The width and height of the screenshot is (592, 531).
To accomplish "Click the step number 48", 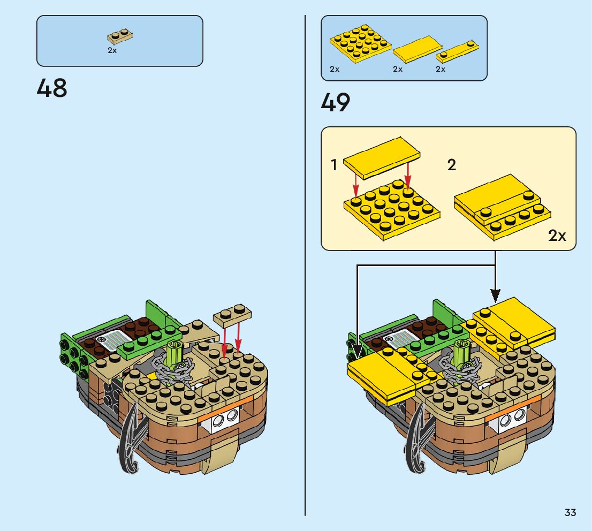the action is tap(52, 88).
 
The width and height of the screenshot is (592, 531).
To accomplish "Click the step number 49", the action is tap(336, 103).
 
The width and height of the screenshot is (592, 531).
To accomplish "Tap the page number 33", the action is tap(570, 513).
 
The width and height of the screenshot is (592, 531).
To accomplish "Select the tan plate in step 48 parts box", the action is tap(120, 36).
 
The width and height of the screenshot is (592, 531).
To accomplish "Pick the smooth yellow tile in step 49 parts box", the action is tap(418, 49).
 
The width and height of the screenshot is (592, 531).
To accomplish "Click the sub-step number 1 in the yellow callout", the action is tap(334, 165).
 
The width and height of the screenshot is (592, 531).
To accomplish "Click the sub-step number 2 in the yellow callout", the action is tap(451, 165).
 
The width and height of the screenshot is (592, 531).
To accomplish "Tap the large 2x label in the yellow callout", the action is tap(557, 235).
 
